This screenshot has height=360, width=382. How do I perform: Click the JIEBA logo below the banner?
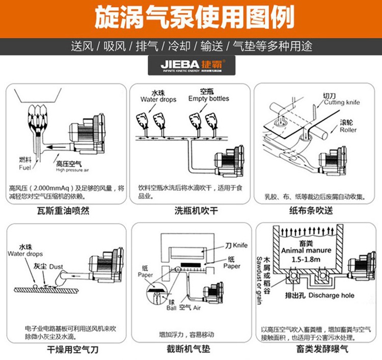point(190,66)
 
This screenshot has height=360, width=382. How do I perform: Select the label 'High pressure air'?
point(72,170)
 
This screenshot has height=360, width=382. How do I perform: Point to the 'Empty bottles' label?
point(208,98)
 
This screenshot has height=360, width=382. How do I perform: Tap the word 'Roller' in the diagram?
point(348,130)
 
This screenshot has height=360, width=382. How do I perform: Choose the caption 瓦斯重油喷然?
point(64,210)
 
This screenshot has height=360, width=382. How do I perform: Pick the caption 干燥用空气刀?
point(64,350)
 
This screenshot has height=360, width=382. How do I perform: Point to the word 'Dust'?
point(57,266)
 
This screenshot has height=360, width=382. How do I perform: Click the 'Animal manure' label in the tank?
point(306,250)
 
